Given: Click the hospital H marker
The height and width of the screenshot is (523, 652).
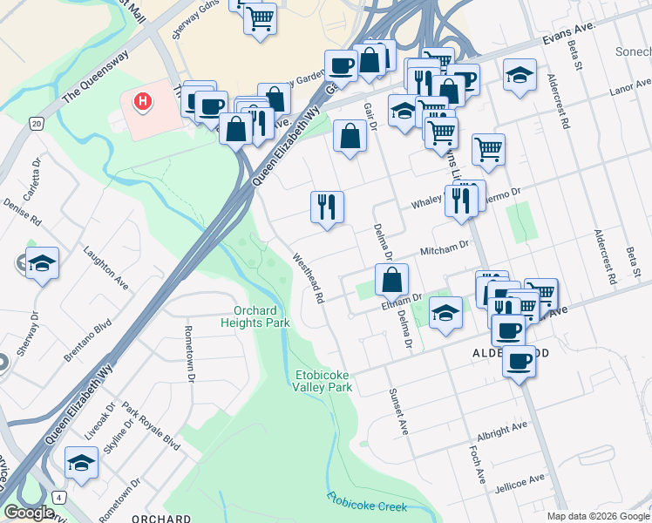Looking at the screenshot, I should (142, 103).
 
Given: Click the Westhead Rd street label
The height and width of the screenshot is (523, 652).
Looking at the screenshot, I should (309, 278).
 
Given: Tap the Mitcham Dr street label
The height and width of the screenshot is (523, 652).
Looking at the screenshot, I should (445, 249).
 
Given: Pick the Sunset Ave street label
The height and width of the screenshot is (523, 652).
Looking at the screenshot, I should (399, 411).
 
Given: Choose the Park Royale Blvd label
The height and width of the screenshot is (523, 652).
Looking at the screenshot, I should (151, 427).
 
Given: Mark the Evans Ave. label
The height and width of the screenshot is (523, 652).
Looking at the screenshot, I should (567, 33).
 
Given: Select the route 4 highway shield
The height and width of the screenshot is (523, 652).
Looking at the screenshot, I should (59, 497).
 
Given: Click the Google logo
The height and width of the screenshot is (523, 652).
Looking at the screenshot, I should (29, 513).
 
